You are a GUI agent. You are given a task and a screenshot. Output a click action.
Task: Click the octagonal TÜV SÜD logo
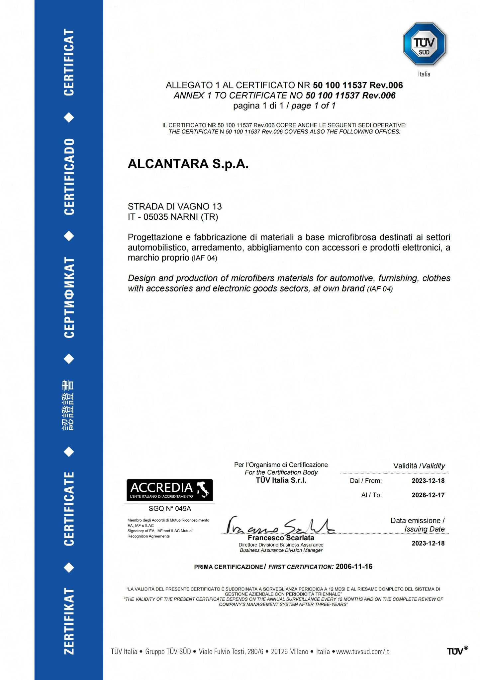click(x=424, y=44)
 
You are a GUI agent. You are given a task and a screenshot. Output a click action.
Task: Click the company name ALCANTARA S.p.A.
click(x=188, y=164)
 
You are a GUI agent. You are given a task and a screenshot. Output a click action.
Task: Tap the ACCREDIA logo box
click(x=170, y=490)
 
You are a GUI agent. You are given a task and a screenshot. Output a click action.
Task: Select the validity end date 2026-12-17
click(x=428, y=495)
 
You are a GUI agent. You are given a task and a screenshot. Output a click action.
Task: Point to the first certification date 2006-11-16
click(x=354, y=567)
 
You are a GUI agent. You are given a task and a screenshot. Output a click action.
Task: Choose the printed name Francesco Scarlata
click(x=281, y=538)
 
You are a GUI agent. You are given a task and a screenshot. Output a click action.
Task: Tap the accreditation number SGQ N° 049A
click(x=170, y=508)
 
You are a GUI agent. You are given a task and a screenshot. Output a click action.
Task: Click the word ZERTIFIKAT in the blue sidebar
click(x=69, y=621)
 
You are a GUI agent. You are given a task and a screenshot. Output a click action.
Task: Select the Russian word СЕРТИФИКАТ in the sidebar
click(x=69, y=297)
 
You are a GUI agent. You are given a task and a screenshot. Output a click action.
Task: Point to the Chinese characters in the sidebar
click(x=68, y=405)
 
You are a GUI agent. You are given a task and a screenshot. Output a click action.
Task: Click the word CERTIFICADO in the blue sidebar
click(x=69, y=176)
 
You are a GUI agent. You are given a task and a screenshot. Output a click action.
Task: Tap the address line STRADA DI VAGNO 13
click(x=175, y=207)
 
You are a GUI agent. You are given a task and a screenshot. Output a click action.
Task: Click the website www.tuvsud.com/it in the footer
click(x=362, y=651)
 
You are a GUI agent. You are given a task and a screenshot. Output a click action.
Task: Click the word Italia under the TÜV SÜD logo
click(x=424, y=74)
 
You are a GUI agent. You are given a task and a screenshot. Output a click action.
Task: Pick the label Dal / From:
click(x=366, y=481)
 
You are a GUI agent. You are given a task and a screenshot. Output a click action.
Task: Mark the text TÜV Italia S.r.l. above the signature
click(x=281, y=480)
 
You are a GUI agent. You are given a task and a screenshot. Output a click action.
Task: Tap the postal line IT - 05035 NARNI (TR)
click(x=173, y=217)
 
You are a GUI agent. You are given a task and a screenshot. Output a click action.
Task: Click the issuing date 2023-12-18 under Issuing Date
click(x=428, y=543)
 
